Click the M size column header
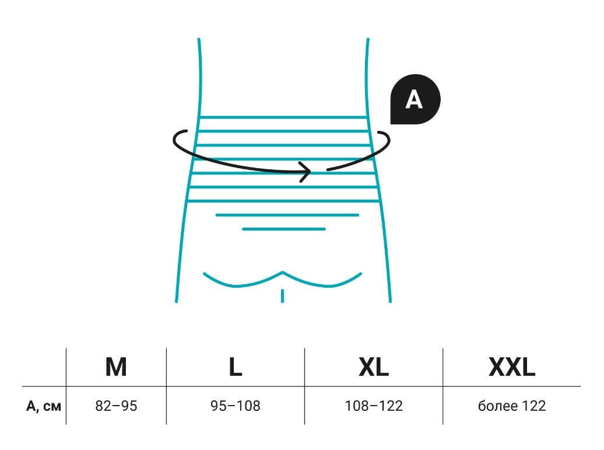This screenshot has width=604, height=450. click(x=116, y=367)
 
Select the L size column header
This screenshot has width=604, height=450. click(x=235, y=367)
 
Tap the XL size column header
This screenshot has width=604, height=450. click(x=373, y=367)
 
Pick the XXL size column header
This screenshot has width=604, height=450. click(x=511, y=367)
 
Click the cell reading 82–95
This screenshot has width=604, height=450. click(x=116, y=406)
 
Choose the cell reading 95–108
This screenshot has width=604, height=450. click(x=235, y=406)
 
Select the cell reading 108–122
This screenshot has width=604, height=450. click(x=373, y=406)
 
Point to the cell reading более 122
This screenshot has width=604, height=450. click(x=511, y=406)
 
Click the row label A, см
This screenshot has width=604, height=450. click(x=44, y=406)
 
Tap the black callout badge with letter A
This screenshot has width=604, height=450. click(x=414, y=100)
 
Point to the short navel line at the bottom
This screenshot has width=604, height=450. click(x=283, y=296)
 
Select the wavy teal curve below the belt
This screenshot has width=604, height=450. click(x=283, y=278)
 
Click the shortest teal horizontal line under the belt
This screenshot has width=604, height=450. click(x=284, y=229)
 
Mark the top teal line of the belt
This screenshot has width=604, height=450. click(x=284, y=117)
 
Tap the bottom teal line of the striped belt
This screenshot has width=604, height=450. click(x=284, y=201)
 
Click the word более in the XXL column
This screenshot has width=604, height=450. click(x=493, y=406)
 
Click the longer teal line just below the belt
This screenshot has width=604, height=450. click(x=287, y=215)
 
